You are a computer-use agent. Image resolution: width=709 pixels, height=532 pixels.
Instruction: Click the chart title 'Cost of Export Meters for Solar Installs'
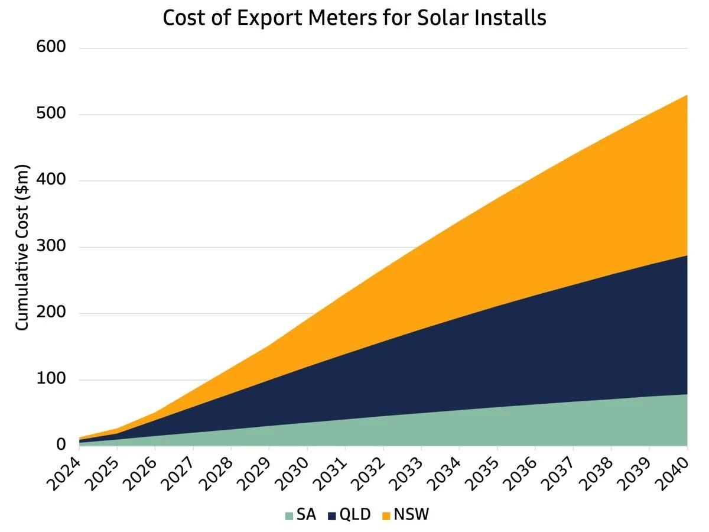354,18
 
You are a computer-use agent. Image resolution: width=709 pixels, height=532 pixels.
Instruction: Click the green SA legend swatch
289,515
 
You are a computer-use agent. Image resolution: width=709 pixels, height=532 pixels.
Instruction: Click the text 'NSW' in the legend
411,515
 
